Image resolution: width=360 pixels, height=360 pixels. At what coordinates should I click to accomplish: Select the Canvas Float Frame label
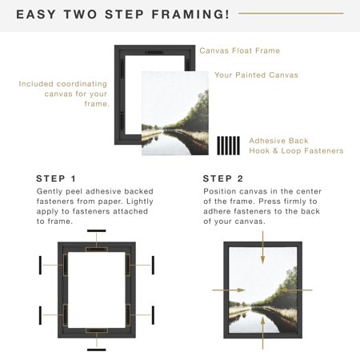click(x=239, y=50)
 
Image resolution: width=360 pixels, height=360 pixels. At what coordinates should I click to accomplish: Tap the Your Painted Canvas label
click(x=256, y=75)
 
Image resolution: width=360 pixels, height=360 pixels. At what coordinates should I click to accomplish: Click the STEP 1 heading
click(x=57, y=178)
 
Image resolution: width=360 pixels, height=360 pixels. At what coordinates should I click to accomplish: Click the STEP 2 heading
click(x=223, y=178)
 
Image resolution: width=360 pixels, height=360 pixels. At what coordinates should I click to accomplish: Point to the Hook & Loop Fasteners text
click(x=296, y=150)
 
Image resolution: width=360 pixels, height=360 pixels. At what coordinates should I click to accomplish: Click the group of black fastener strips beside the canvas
click(x=229, y=146)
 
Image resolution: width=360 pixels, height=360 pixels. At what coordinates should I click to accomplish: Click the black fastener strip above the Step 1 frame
click(x=97, y=230)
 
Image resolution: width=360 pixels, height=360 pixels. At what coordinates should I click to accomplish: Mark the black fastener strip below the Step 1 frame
click(x=97, y=349)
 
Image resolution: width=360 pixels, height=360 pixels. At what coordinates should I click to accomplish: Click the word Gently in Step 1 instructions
click(x=50, y=193)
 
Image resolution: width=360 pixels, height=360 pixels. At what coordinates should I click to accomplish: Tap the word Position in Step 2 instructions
click(x=221, y=193)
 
